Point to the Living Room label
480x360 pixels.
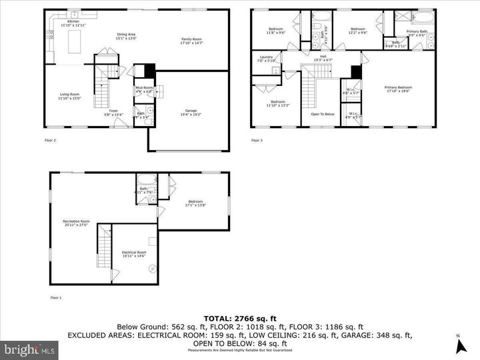69,96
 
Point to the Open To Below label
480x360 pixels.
322,114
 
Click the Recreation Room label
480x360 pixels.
76,222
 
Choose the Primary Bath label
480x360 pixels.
418,31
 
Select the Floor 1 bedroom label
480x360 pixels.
195,203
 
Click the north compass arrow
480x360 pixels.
459,345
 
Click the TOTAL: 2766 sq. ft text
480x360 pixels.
239,318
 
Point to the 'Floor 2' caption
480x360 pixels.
50,141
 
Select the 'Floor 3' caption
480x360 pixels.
257,141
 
